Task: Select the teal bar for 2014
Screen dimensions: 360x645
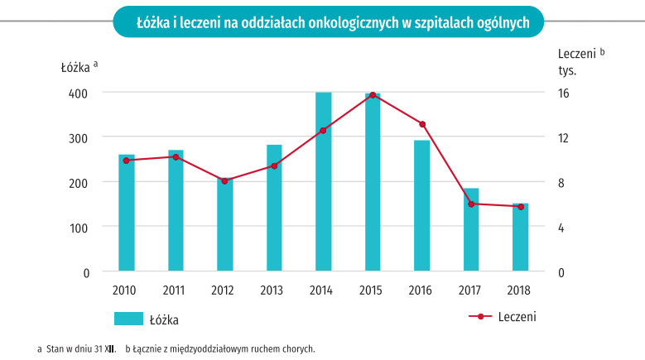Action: [x=324, y=182]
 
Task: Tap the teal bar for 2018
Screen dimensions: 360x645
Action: [x=520, y=238]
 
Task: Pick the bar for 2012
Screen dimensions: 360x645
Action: [x=225, y=224]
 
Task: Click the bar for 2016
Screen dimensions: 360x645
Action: [x=422, y=205]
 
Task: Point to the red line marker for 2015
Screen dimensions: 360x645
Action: [x=373, y=95]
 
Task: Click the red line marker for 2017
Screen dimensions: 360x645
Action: [x=471, y=204]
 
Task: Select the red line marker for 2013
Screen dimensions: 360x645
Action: [x=274, y=166]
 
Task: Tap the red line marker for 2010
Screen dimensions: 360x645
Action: [x=127, y=161]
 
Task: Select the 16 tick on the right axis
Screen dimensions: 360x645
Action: [x=563, y=93]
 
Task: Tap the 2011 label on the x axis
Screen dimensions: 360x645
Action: [x=174, y=290]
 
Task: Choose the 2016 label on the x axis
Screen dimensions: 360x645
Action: [x=421, y=290]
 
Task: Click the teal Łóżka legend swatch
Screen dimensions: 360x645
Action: [x=130, y=319]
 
